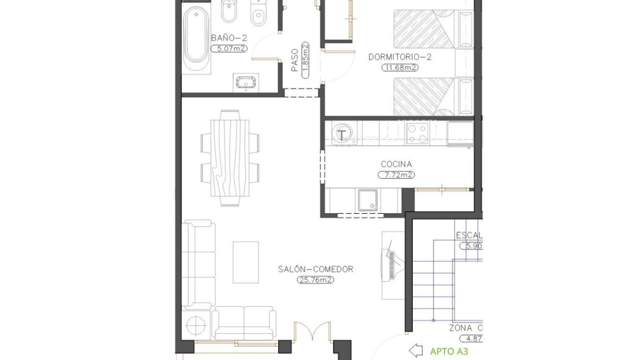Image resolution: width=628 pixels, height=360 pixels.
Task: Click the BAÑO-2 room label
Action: [x=229, y=38]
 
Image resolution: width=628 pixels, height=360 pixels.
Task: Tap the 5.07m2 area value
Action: [x=229, y=48]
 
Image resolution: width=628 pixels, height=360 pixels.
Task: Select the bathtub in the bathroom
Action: [x=196, y=38]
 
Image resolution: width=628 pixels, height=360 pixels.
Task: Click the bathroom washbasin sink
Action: [x=246, y=83]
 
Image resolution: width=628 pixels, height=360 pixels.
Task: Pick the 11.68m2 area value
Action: [x=400, y=68]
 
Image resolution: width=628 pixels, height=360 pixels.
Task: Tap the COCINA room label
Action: [x=396, y=164]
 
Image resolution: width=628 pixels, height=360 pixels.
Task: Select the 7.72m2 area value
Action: [x=396, y=175]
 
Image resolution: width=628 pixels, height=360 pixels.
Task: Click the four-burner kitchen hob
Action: [x=418, y=133]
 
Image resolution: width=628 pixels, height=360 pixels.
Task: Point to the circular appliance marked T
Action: [x=342, y=134]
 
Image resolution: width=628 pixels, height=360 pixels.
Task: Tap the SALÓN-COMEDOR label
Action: [x=316, y=269]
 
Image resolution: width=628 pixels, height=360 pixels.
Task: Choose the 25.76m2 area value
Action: [x=315, y=280]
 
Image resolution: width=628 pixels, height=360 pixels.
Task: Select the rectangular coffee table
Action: [x=246, y=262]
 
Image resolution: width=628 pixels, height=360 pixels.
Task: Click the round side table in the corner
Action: [x=195, y=326]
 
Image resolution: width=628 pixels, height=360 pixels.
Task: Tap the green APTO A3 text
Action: [x=449, y=351]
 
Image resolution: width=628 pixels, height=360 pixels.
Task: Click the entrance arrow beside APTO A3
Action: [x=416, y=351]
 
